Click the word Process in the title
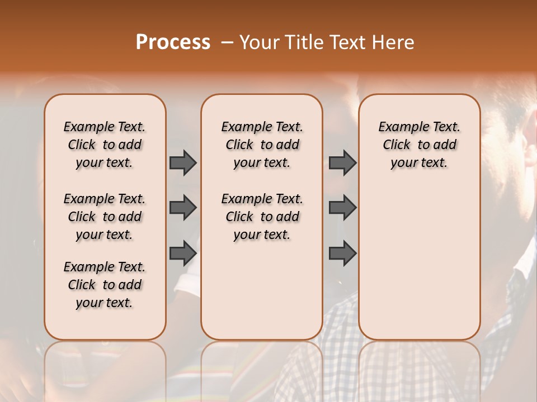tap(173, 42)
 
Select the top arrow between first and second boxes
tap(183, 162)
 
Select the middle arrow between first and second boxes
tap(183, 208)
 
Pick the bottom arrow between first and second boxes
tap(183, 253)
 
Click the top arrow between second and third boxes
tap(342, 162)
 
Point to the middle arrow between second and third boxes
tap(342, 208)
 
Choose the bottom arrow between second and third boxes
tap(342, 253)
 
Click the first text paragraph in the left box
tap(105, 145)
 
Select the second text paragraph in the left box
tap(105, 217)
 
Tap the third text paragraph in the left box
tap(105, 285)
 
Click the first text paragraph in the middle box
tap(262, 145)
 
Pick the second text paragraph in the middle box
tap(262, 217)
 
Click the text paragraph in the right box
tap(420, 145)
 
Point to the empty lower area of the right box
tap(420, 262)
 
